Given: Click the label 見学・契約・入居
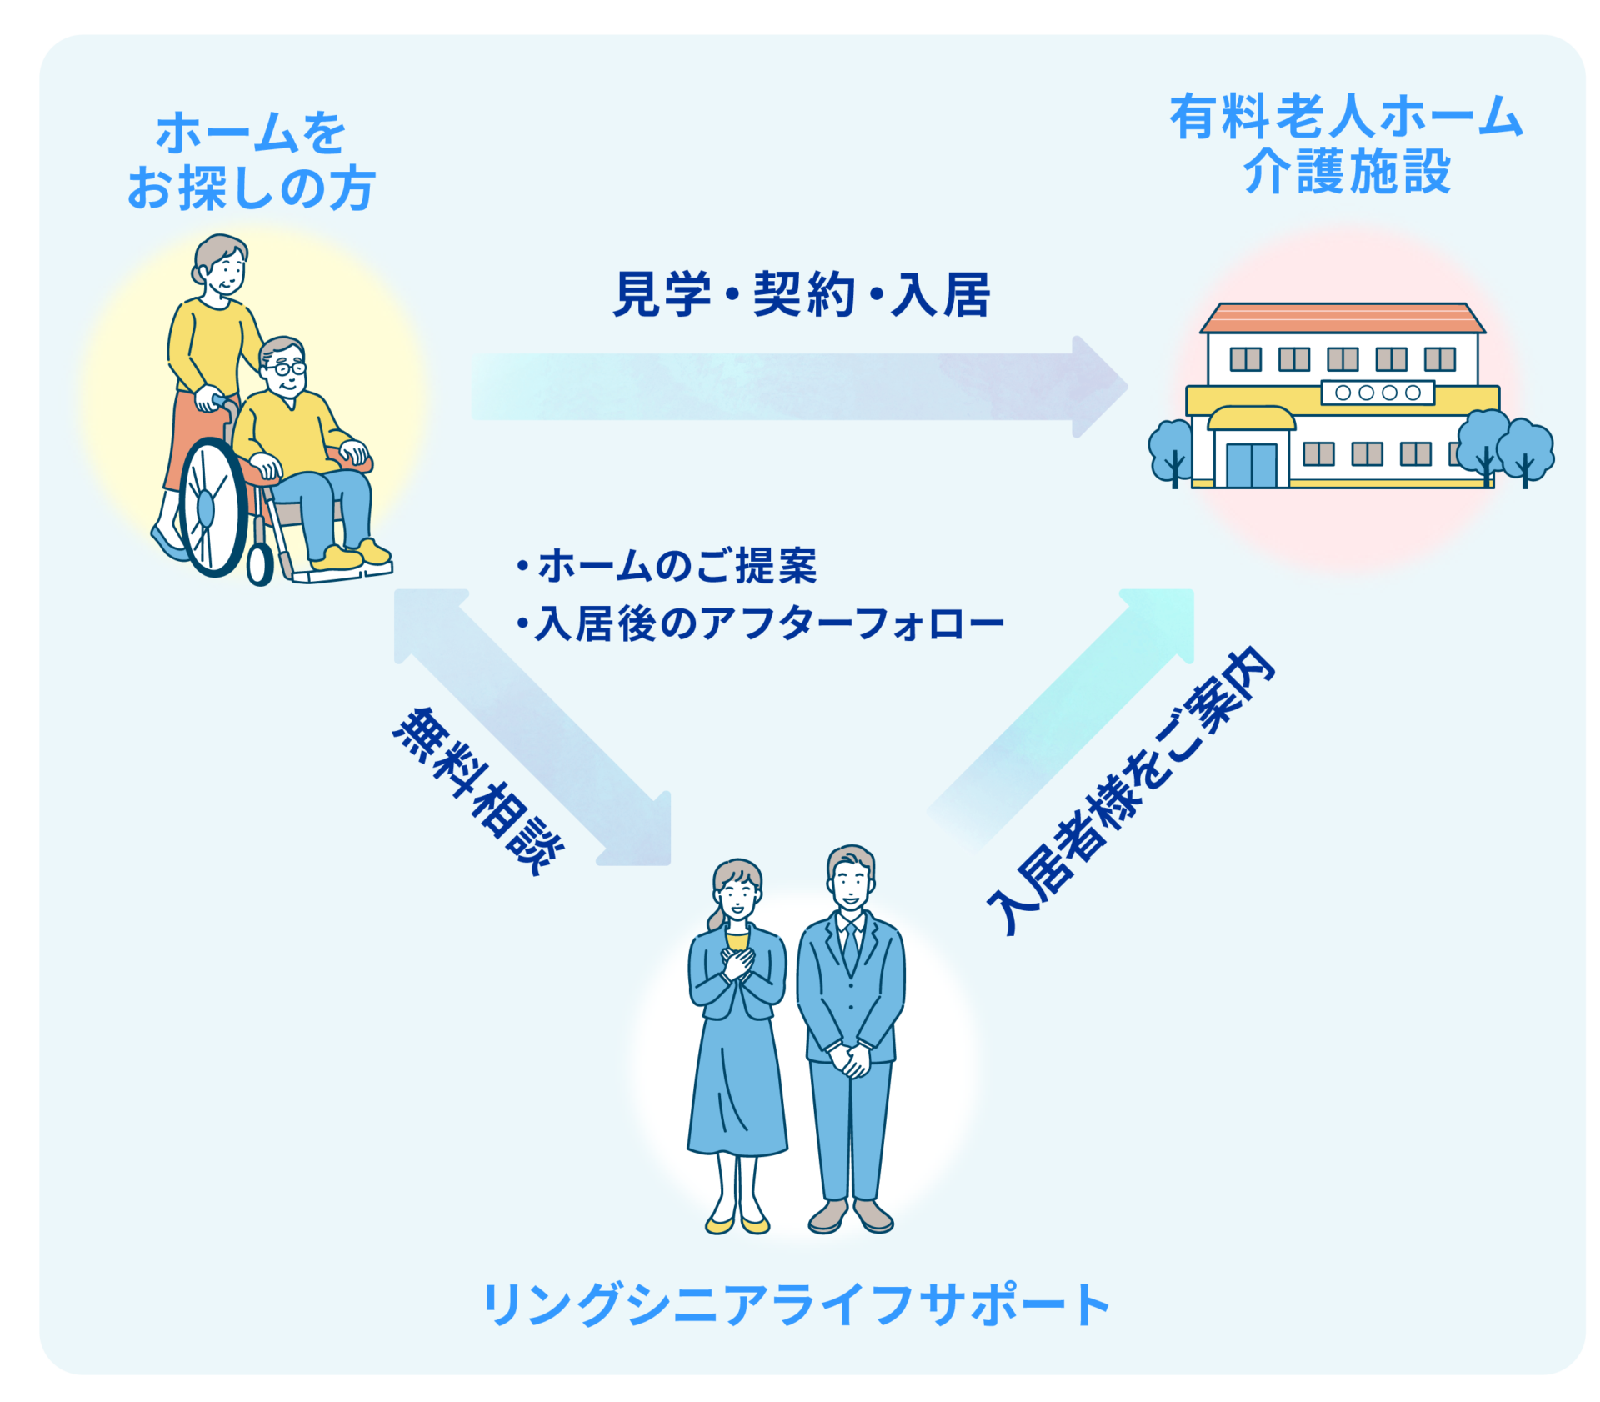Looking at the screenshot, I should [x=801, y=294].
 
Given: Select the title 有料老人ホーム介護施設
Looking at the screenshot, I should [x=1347, y=143].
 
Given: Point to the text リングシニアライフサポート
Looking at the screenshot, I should [x=796, y=1304].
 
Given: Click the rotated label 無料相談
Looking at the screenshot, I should [x=479, y=790].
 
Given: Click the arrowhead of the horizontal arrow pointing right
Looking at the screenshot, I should [x=1100, y=387].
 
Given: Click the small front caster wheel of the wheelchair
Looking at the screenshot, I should [x=259, y=564].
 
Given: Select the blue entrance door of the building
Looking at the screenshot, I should [x=1251, y=465].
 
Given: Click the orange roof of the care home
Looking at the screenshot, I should [x=1342, y=318].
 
